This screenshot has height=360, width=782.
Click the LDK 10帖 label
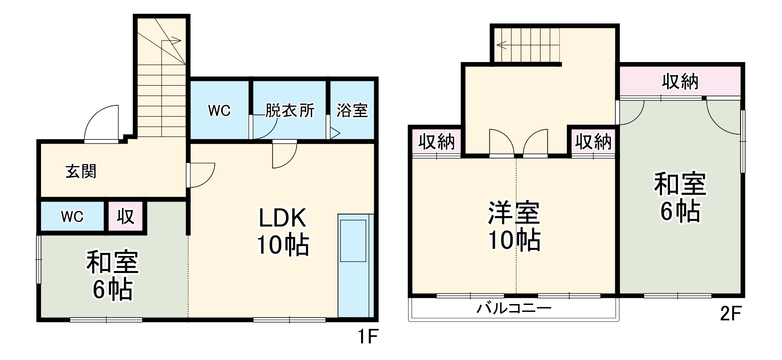[282, 231]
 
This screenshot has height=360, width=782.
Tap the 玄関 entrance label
[81, 171]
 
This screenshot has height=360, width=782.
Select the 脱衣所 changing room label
[290, 111]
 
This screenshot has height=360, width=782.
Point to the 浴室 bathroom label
[352, 111]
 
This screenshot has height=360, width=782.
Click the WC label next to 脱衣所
[219, 111]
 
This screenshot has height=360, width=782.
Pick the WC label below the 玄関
[72, 216]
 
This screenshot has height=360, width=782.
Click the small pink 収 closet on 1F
[126, 216]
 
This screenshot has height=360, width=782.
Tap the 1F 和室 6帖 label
[112, 276]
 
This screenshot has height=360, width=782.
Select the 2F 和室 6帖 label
[680, 198]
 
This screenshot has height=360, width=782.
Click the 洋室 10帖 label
[514, 226]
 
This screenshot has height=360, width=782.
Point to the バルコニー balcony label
[514, 309]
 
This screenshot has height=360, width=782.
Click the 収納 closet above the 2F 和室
[680, 82]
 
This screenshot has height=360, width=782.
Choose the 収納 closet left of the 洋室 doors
[437, 141]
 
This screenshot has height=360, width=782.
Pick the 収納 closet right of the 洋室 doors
[593, 141]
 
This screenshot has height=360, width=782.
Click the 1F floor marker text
[367, 337]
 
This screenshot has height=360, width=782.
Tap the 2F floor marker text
[731, 314]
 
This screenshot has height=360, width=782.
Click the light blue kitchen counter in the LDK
[355, 266]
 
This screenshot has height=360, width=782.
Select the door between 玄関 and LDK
[202, 175]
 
